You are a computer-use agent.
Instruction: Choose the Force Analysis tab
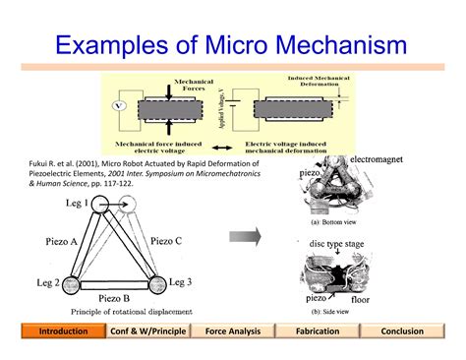[x=233, y=331]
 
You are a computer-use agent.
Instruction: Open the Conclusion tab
[x=403, y=331]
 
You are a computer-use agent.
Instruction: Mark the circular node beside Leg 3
[x=155, y=285]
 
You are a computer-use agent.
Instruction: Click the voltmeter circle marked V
[x=120, y=104]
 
